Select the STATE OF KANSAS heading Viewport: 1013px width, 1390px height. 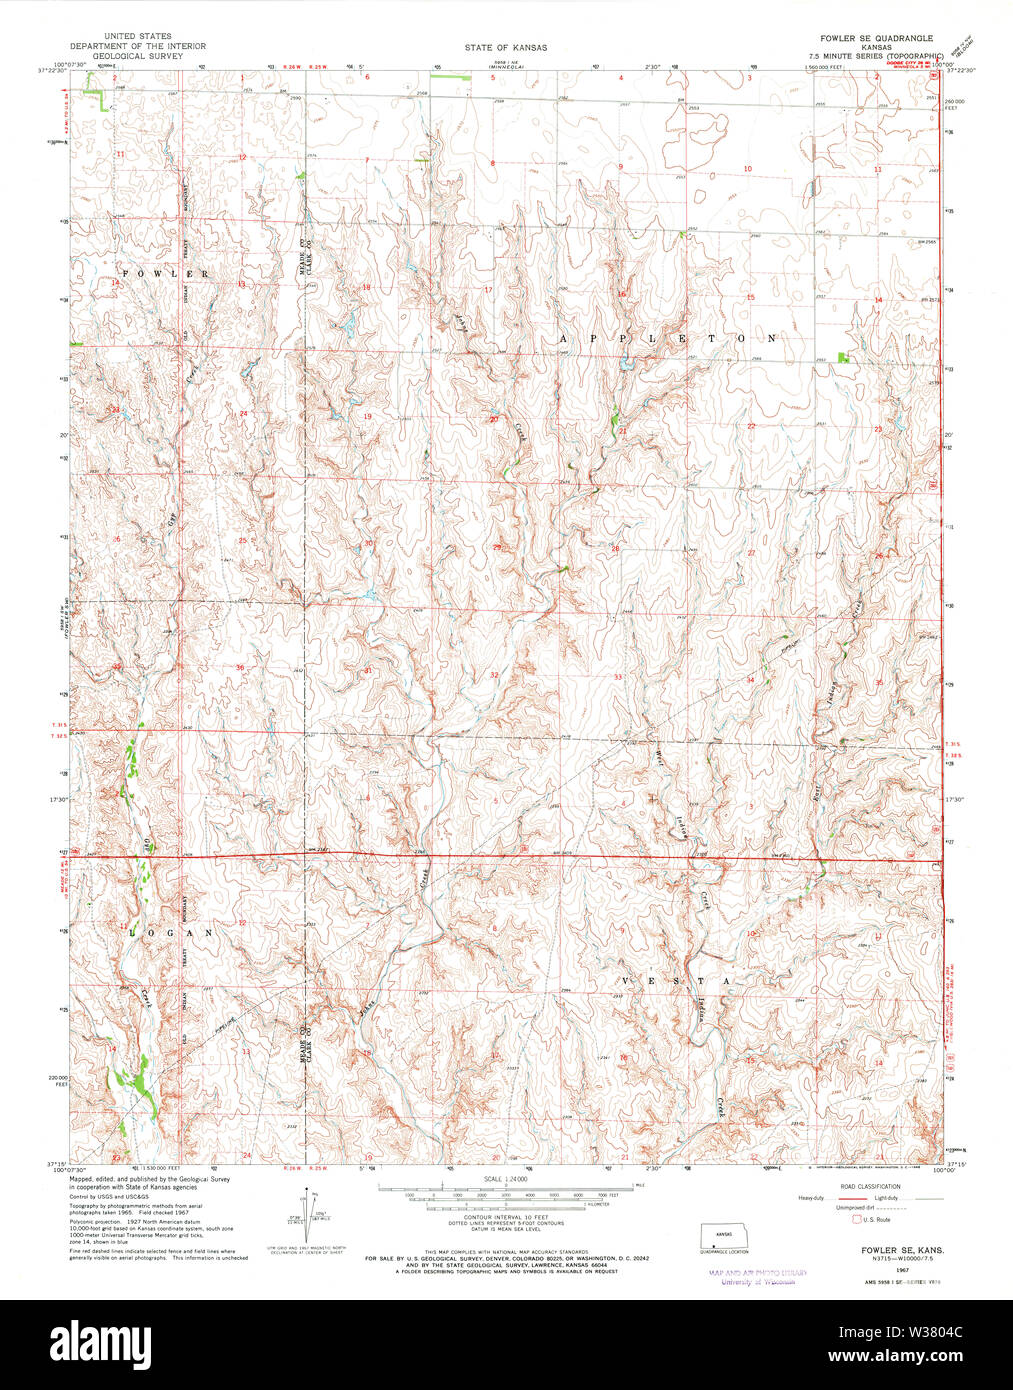pyautogui.click(x=505, y=47)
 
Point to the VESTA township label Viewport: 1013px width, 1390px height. pyautogui.click(x=679, y=981)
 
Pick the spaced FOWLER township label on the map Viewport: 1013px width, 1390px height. pyautogui.click(x=166, y=273)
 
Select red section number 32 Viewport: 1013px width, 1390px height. pyautogui.click(x=494, y=675)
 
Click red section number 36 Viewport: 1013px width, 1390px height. pyautogui.click(x=240, y=667)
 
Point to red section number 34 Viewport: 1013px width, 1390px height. pyautogui.click(x=750, y=680)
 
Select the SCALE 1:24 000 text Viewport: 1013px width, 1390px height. pyautogui.click(x=505, y=1179)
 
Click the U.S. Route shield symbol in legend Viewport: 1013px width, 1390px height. pyautogui.click(x=856, y=1219)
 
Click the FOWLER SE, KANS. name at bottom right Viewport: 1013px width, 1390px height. pyautogui.click(x=890, y=1251)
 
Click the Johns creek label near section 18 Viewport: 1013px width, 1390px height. pyautogui.click(x=461, y=326)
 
